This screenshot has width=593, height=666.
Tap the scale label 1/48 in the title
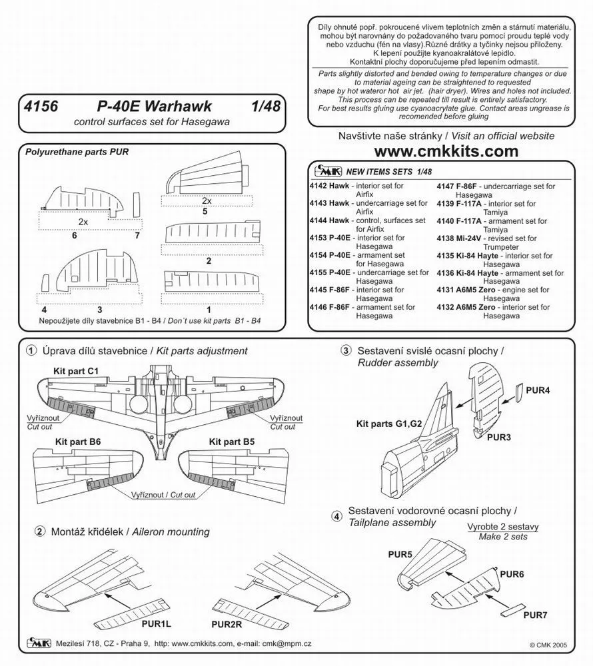pyautogui.click(x=265, y=107)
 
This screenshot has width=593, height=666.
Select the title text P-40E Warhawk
pyautogui.click(x=149, y=107)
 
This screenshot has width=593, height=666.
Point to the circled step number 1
pyautogui.click(x=31, y=351)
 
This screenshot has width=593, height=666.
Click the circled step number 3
pyautogui.click(x=346, y=351)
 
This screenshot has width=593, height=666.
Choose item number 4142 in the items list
pyautogui.click(x=324, y=186)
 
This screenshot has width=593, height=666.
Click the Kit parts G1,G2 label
pyautogui.click(x=388, y=423)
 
